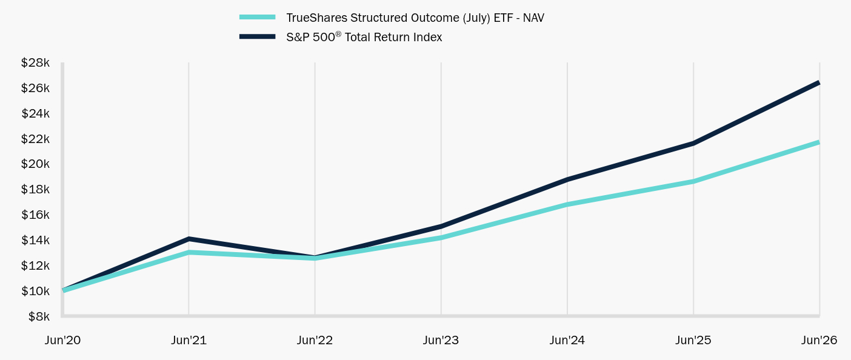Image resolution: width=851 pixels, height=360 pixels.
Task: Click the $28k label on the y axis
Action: coord(35,62)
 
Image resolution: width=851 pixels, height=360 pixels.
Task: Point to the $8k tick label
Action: coord(39,316)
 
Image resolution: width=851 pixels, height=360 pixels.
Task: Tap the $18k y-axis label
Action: coord(35,190)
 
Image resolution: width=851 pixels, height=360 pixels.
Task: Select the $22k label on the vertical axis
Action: coord(35,139)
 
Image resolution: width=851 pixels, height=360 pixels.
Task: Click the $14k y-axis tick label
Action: coord(35,241)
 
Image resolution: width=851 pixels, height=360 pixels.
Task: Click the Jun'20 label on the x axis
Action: coord(62,340)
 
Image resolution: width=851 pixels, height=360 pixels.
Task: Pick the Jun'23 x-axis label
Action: coord(441,340)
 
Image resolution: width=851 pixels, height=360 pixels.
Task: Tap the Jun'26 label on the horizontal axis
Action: coord(819,340)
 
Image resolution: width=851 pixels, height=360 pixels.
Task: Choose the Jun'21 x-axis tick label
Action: coord(189,340)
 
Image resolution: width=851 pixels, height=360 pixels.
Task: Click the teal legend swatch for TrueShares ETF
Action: coord(257,17)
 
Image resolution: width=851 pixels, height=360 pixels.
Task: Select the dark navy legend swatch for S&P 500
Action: coord(257,37)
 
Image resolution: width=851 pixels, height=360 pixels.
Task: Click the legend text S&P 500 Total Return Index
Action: coord(364,37)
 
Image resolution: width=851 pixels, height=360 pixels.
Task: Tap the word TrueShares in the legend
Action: coord(316,18)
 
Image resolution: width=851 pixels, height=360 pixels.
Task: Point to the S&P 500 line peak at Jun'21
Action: coord(189,239)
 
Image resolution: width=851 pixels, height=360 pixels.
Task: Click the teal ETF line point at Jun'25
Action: coord(693,182)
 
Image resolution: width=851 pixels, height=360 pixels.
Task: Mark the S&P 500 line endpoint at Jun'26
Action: coord(819,83)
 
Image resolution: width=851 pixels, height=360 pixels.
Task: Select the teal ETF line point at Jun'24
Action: coord(567,205)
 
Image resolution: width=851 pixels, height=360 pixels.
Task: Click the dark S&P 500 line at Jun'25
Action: coord(693,143)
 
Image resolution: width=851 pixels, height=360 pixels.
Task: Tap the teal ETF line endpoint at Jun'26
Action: coord(819,143)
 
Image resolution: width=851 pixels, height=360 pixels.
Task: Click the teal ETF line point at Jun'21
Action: coord(189,252)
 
